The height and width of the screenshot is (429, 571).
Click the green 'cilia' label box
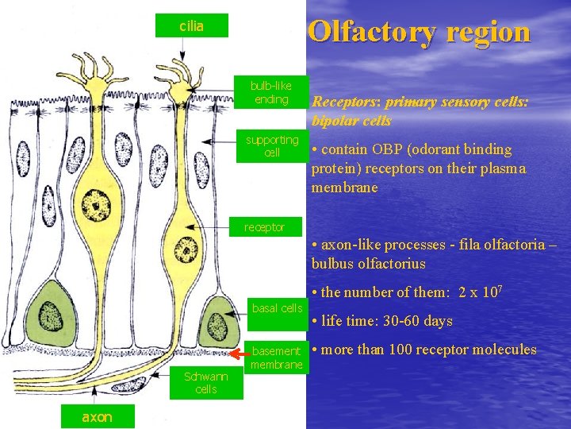[191, 26]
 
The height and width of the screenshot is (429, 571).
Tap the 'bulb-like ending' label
[271, 92]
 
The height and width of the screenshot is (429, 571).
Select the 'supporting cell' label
[272, 145]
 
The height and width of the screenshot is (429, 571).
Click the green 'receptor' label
[264, 227]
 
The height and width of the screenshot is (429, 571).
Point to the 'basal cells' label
[277, 307]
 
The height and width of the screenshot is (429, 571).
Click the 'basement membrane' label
[277, 357]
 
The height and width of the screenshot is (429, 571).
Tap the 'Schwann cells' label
[206, 382]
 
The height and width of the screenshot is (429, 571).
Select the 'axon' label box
[97, 416]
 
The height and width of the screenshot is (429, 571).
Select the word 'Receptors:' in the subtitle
[348, 102]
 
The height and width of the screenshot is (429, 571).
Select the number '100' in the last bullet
[408, 350]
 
